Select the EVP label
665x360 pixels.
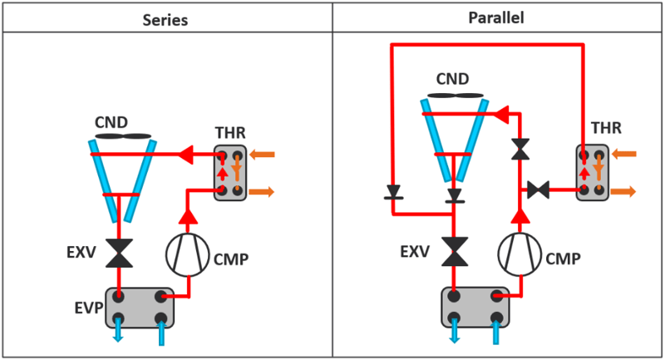(x=91, y=311)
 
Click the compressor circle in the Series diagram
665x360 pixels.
(x=187, y=252)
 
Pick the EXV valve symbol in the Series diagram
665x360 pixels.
(x=120, y=253)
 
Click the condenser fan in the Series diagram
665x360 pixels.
(x=123, y=136)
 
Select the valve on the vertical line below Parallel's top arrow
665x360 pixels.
(x=521, y=149)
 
